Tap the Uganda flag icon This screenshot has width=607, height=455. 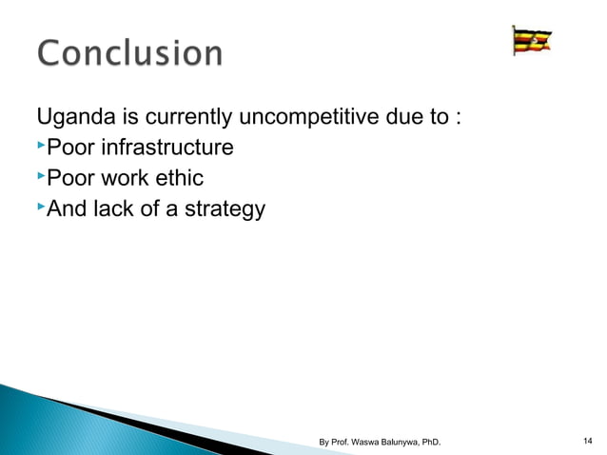532,42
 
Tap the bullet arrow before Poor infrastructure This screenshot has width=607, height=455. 41,146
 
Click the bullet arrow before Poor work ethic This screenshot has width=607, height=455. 41,175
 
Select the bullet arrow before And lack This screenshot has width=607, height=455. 41,205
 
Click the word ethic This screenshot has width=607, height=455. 179,177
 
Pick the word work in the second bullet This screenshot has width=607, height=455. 124,177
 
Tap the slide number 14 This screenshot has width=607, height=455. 586,441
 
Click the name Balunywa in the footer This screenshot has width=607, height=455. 406,442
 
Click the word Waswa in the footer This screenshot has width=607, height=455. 368,442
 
